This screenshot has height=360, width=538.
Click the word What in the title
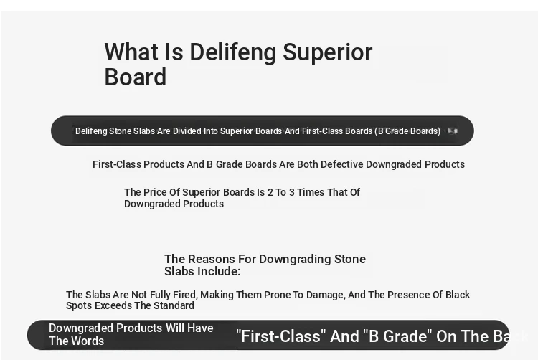132,52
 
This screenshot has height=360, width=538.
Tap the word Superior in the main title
328,53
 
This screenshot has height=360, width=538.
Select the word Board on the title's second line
136,77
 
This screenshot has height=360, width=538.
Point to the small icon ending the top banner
453,131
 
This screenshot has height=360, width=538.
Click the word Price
155,192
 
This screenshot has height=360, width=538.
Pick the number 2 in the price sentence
270,192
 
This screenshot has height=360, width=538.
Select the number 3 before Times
292,192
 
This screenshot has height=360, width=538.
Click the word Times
310,192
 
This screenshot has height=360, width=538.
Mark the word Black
458,295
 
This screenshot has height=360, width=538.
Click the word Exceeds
113,305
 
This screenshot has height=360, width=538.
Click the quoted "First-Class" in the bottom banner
280,336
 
